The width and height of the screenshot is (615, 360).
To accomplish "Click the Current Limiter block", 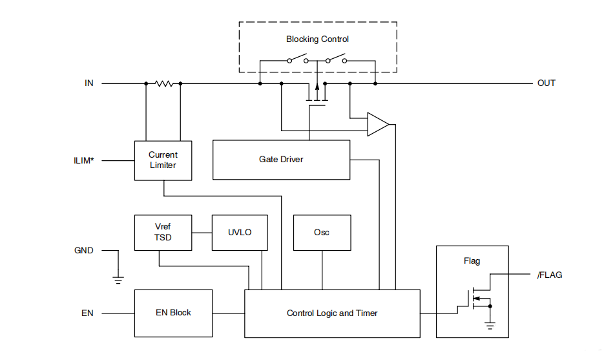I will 163,160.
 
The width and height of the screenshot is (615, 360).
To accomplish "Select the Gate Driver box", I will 281,160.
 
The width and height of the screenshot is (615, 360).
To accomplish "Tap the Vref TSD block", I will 163,232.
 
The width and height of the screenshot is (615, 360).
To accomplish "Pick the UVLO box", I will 240,232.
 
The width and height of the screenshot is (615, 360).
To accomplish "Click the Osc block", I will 322,232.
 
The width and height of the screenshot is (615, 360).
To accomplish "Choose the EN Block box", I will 173,313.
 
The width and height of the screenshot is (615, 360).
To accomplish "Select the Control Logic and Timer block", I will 332,313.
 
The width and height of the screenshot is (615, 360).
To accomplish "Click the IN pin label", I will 89,83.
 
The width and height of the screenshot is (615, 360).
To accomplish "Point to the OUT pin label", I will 547,83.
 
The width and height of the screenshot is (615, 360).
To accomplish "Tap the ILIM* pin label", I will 84,160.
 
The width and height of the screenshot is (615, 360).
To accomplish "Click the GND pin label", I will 84,250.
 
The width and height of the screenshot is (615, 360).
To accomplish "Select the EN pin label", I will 87,313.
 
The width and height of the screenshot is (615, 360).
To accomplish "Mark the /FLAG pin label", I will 550,275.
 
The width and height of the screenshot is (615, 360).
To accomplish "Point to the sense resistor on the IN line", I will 163,83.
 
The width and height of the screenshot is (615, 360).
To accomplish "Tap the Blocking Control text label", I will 318,39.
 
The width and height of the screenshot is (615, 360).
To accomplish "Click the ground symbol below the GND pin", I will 118,279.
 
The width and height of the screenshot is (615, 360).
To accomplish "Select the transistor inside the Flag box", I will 475,298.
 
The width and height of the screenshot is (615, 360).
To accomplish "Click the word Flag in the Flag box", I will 472,261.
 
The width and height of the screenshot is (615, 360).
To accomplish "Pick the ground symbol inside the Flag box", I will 490,326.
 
